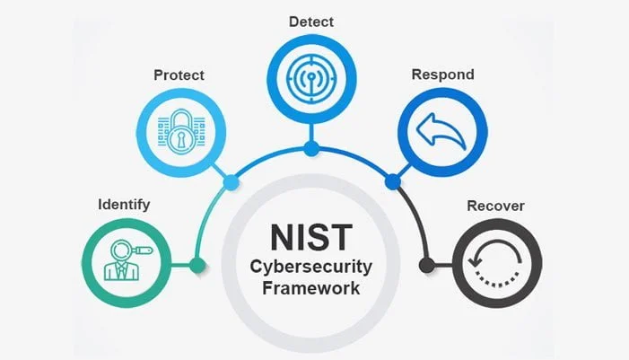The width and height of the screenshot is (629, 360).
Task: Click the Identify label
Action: pyautogui.click(x=124, y=205)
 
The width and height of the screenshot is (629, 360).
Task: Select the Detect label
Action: pyautogui.click(x=310, y=19)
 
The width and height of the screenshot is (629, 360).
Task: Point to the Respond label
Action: pyautogui.click(x=441, y=75)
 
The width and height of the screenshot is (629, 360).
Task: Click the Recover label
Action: pyautogui.click(x=495, y=206)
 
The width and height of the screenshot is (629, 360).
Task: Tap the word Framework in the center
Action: pyautogui.click(x=311, y=289)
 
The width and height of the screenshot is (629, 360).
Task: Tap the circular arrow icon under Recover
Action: pyautogui.click(x=497, y=262)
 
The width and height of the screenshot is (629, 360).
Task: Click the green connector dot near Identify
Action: pyautogui.click(x=197, y=265)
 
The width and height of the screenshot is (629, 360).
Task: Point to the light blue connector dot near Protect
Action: pyautogui.click(x=231, y=182)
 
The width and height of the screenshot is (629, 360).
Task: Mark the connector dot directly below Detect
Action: pyautogui.click(x=310, y=147)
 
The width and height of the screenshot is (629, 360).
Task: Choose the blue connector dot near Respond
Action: pyautogui.click(x=391, y=182)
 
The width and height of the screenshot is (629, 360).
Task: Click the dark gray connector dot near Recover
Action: pyautogui.click(x=427, y=265)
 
